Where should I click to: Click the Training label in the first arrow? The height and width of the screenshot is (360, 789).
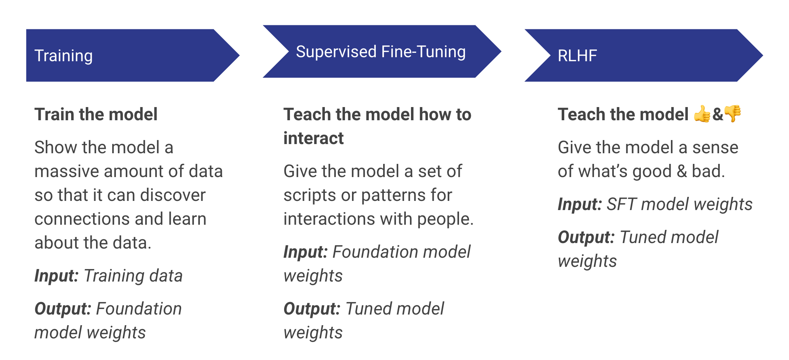(x=63, y=56)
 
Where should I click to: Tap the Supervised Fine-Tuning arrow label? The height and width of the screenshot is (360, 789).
(x=381, y=52)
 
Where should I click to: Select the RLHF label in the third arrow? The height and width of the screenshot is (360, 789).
(x=577, y=56)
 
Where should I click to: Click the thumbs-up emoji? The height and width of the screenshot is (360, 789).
(x=702, y=114)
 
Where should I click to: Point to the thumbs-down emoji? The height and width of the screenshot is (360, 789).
(x=733, y=113)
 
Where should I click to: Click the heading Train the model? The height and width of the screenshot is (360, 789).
(x=96, y=114)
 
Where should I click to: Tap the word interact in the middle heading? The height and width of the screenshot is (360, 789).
(x=313, y=138)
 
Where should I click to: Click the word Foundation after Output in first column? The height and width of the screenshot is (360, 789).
(x=139, y=309)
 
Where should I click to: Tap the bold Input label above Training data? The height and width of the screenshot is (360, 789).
(x=56, y=276)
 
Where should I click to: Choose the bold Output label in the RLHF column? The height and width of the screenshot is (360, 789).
(x=586, y=237)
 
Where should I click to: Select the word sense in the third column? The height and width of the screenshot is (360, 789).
(x=715, y=147)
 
